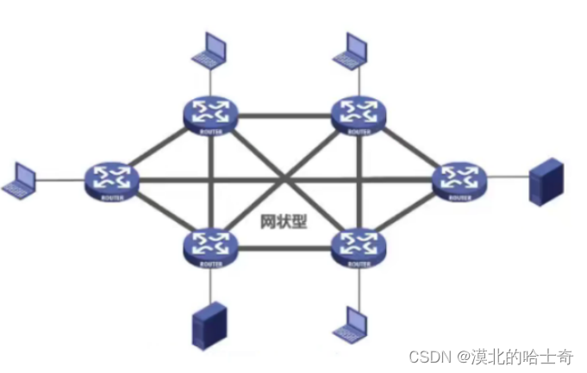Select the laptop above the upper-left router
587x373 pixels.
pyautogui.click(x=210, y=51)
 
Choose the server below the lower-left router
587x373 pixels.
pyautogui.click(x=207, y=325)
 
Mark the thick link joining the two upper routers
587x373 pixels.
pyautogui.click(x=282, y=115)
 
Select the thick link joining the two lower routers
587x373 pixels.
pyautogui.click(x=282, y=249)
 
